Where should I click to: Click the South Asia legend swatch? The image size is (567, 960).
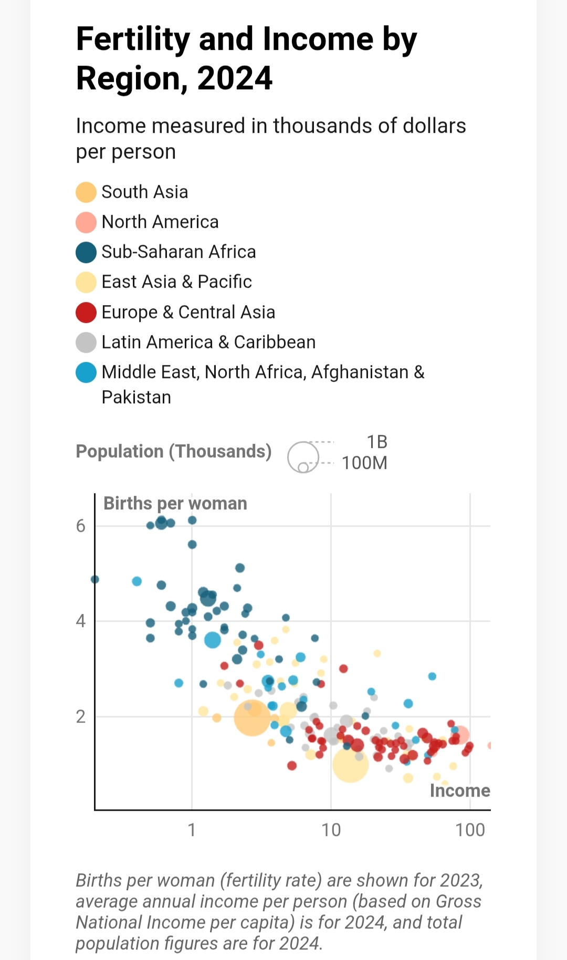(86, 192)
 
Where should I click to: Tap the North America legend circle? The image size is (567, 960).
(86, 222)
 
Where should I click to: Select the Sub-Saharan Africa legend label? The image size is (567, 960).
(178, 252)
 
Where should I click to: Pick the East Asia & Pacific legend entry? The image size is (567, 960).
(176, 282)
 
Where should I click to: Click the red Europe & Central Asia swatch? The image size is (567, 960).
(86, 312)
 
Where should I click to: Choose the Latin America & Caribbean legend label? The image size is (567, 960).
(208, 342)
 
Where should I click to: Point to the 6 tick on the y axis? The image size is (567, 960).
(80, 526)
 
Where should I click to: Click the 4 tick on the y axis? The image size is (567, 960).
(80, 621)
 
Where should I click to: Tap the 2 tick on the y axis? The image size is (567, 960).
(80, 716)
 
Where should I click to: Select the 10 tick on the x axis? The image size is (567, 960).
(331, 830)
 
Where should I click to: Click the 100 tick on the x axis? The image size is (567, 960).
(470, 830)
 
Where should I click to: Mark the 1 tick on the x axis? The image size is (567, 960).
(192, 830)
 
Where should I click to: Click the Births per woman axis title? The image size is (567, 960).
(175, 503)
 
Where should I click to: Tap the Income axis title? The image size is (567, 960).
(459, 790)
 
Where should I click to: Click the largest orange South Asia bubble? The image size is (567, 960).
(252, 717)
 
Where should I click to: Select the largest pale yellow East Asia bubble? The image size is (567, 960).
(350, 764)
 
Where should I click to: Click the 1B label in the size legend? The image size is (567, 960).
(377, 442)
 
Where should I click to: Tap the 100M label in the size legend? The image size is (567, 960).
(364, 463)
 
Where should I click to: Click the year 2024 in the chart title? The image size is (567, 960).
(235, 78)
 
